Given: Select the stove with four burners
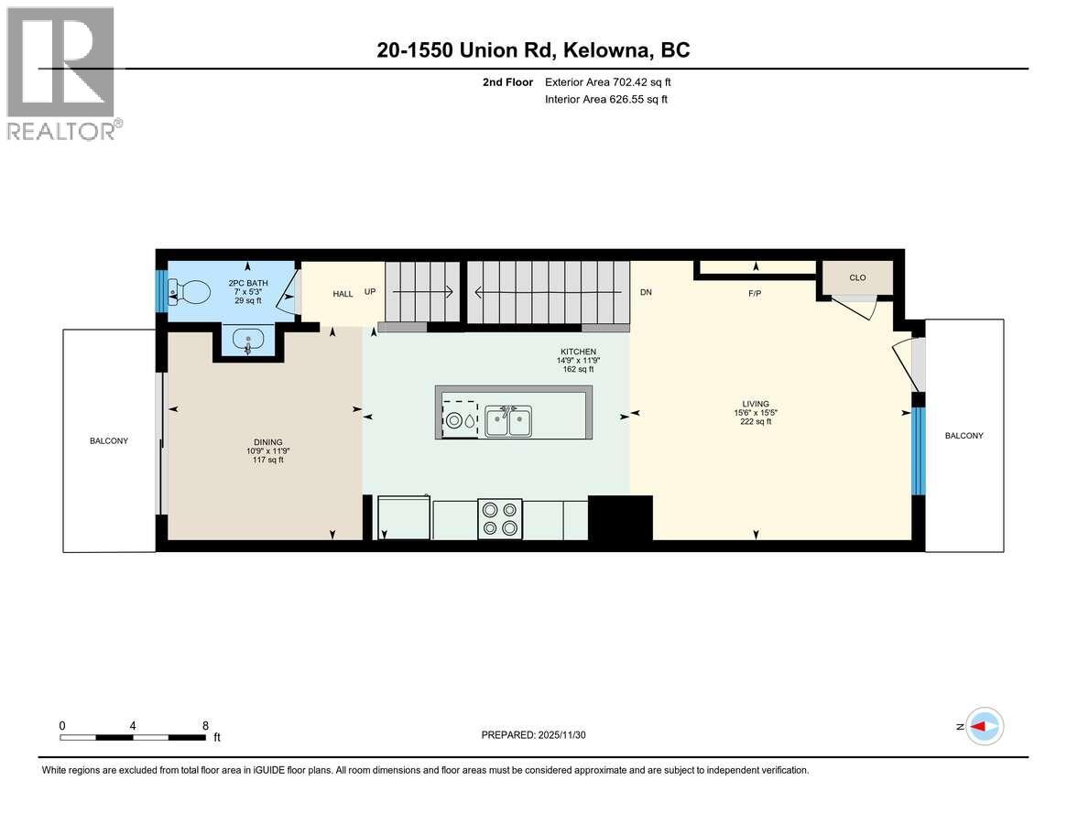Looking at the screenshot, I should [500, 518].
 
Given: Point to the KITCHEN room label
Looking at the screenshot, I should [579, 352].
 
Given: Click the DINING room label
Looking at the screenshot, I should [268, 442].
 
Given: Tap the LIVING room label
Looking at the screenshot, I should [756, 404].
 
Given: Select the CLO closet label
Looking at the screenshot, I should [857, 277].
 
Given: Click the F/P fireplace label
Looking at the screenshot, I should [756, 295].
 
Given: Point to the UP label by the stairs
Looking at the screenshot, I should [370, 293].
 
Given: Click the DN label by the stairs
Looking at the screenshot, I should [645, 293].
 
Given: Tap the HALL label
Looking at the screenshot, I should [343, 294].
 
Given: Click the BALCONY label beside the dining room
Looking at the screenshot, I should [109, 440].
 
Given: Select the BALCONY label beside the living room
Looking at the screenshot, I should [964, 436].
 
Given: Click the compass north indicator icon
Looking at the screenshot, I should [985, 726].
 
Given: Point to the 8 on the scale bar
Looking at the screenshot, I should [205, 725].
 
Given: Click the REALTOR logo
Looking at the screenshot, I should [62, 73].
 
